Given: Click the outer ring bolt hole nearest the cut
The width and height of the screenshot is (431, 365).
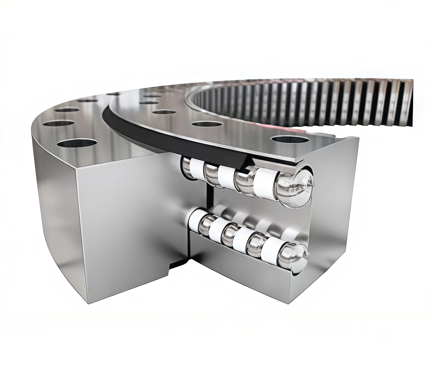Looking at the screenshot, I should (77, 143).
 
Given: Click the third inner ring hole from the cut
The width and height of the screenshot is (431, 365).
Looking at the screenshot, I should (165, 112).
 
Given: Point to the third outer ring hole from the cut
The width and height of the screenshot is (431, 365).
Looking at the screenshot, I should (67, 110).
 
